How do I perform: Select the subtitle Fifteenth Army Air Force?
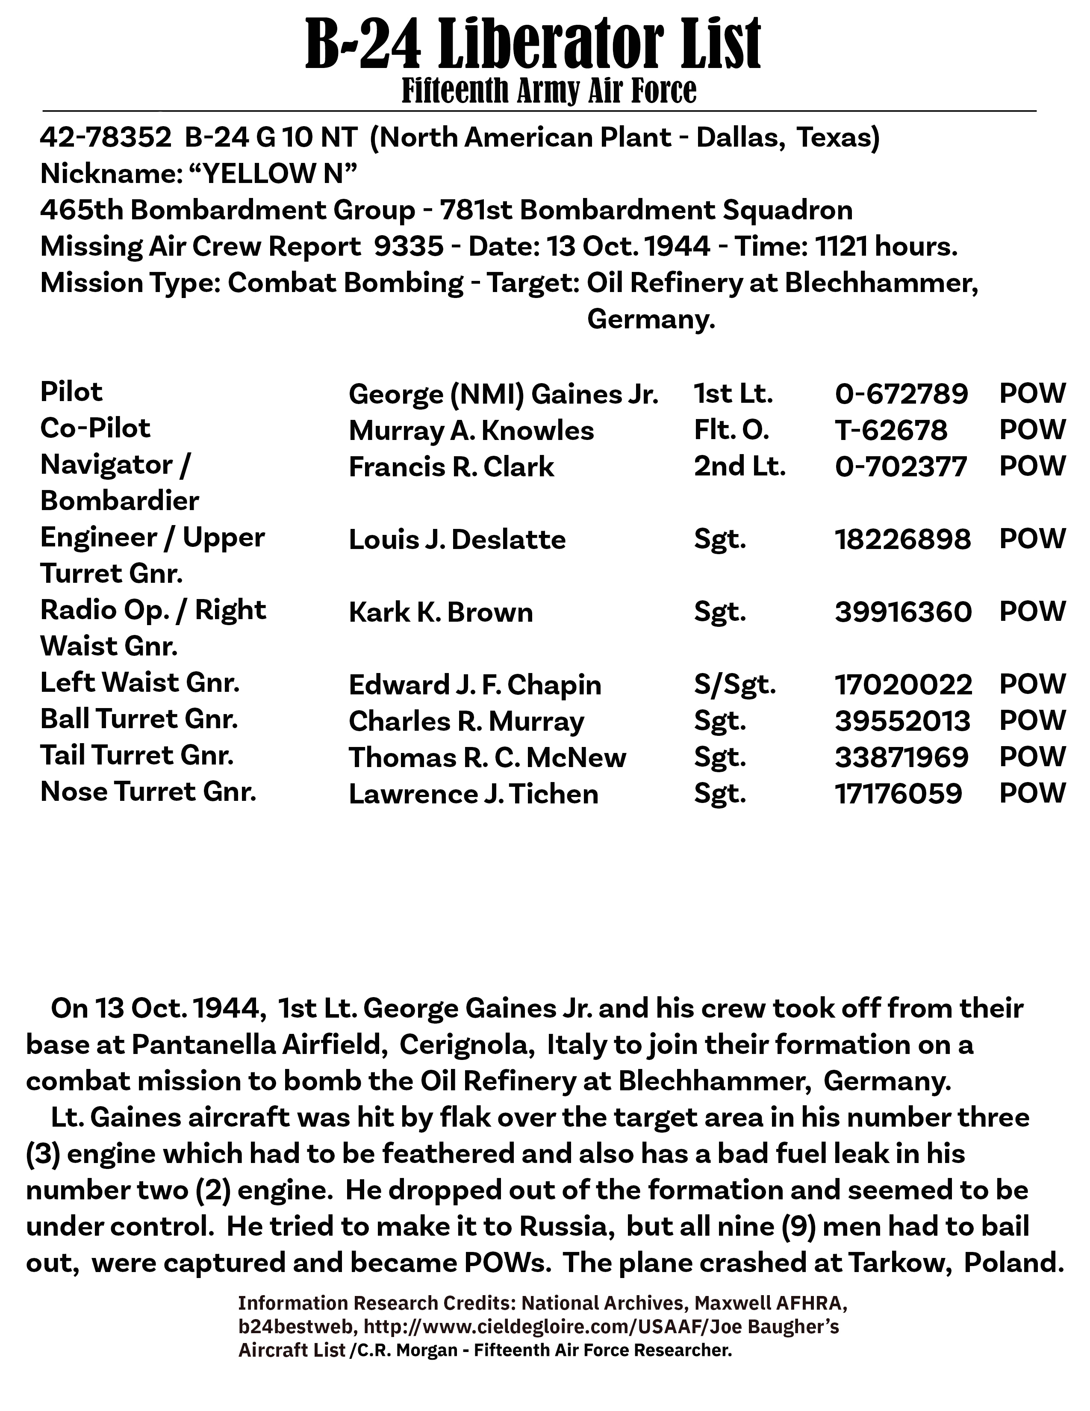[x=549, y=91]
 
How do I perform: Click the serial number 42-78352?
[x=105, y=138]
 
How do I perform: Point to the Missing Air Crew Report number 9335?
[x=408, y=246]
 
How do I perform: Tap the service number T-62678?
[x=891, y=430]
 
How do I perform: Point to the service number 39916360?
[x=903, y=612]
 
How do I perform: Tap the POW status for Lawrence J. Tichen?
[x=1032, y=793]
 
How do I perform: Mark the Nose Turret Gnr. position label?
[x=148, y=792]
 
